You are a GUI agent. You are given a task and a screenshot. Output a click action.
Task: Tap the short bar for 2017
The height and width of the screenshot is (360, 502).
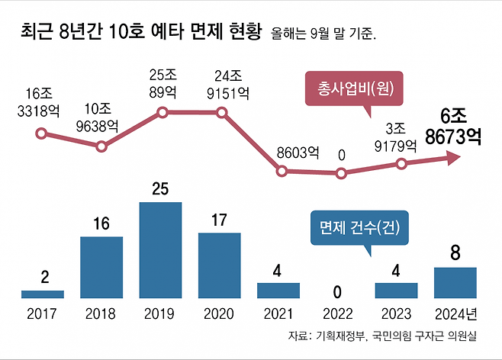[43, 294]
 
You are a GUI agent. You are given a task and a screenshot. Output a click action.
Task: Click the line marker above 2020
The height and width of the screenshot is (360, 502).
[222, 113]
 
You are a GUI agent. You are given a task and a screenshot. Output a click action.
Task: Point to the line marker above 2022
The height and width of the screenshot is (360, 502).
[341, 173]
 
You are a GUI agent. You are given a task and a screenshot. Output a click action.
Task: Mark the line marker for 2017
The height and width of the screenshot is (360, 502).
[43, 133]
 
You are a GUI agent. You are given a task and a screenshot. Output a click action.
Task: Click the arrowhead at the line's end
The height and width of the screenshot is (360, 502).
[452, 158]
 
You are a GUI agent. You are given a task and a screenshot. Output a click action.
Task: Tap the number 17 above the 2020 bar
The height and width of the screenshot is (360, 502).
[220, 221]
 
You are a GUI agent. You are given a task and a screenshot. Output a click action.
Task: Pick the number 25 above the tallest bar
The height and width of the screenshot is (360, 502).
[160, 190]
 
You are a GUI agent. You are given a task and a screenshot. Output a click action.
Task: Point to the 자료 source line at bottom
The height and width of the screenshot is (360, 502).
[391, 336]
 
